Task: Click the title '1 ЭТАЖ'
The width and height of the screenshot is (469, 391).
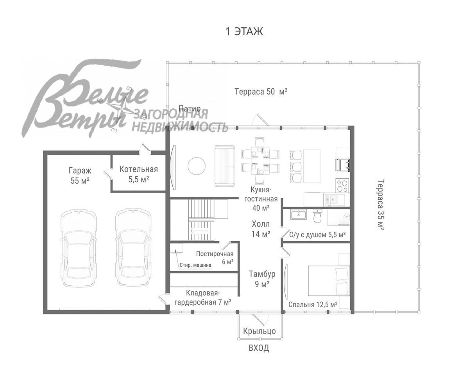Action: pyautogui.click(x=244, y=32)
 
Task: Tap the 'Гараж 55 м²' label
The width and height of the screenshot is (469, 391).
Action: pyautogui.click(x=80, y=176)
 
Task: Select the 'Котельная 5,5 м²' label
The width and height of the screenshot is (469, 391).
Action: pyautogui.click(x=139, y=174)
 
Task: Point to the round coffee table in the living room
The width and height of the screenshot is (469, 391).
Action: pyautogui.click(x=197, y=166)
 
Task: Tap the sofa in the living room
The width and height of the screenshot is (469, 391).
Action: pyautogui.click(x=225, y=166)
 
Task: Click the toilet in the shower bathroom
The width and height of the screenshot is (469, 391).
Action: pyautogui.click(x=317, y=216)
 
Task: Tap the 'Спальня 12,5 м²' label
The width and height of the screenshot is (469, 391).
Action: pyautogui.click(x=313, y=305)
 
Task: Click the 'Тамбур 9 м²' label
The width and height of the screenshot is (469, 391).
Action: pyautogui.click(x=262, y=279)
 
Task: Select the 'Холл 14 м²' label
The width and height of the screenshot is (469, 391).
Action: pyautogui.click(x=261, y=229)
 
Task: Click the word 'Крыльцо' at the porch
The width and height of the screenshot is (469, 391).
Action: pyautogui.click(x=260, y=331)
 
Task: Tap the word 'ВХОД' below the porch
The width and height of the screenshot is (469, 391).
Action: pyautogui.click(x=259, y=348)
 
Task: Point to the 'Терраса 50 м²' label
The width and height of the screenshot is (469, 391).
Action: pyautogui.click(x=261, y=91)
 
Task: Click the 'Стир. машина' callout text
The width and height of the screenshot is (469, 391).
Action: pyautogui.click(x=195, y=265)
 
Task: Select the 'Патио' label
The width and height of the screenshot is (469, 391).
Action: pyautogui.click(x=190, y=109)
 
